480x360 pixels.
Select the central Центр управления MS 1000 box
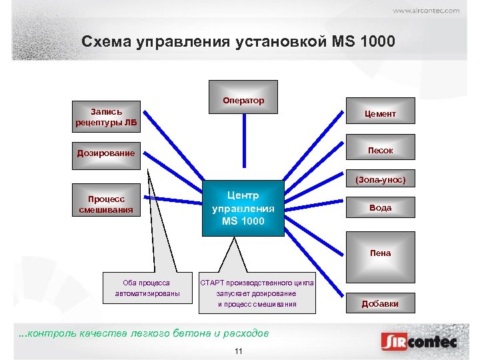coord(243,207)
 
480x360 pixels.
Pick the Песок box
coord(380,151)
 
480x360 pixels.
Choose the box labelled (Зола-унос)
coord(380,180)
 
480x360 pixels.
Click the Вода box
coord(380,208)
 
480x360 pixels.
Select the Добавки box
coord(380,303)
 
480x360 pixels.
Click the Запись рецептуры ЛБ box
coord(106,117)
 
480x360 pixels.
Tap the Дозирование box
coord(106,153)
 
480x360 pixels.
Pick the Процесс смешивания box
coord(106,204)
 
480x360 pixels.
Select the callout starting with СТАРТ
coord(257,293)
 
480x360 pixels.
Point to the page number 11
coord(238,351)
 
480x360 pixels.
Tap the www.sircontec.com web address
coord(425,11)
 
